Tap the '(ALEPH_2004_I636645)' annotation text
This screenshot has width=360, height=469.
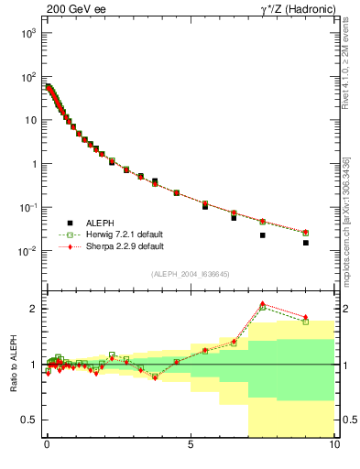190,274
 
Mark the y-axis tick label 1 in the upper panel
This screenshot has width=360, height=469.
34,164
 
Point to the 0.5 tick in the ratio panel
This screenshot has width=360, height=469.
30,420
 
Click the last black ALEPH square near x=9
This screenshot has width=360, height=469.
306,243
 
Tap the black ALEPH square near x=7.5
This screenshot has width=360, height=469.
263,235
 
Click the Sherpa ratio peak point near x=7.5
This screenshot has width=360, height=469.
263,303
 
